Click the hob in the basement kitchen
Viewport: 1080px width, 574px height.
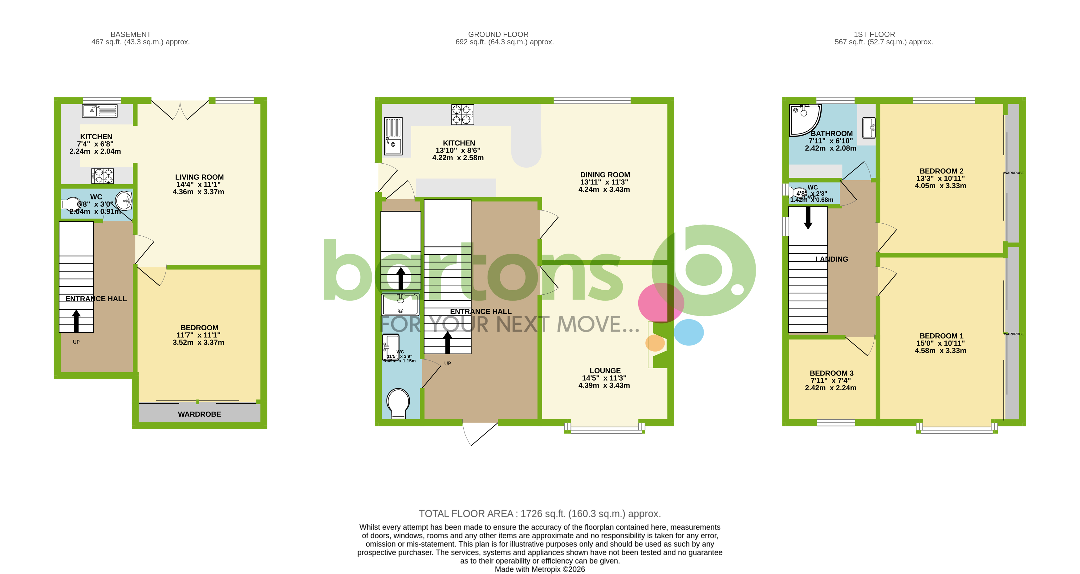[x=103, y=176]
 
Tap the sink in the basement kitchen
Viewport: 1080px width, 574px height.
[x=100, y=111]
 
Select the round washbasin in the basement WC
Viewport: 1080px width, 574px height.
[x=124, y=201]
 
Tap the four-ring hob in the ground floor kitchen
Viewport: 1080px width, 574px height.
[x=462, y=115]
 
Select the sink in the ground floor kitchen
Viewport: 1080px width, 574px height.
[x=393, y=136]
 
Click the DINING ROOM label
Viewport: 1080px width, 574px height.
[x=605, y=174]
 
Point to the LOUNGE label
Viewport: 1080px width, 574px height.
[x=605, y=370]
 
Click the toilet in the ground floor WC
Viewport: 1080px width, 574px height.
[x=398, y=403]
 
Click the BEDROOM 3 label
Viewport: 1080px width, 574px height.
[x=831, y=373]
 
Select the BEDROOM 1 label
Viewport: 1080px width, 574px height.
[x=941, y=336]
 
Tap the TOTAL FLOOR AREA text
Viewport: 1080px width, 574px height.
[x=540, y=513]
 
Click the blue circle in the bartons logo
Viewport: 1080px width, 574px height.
[x=688, y=332]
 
